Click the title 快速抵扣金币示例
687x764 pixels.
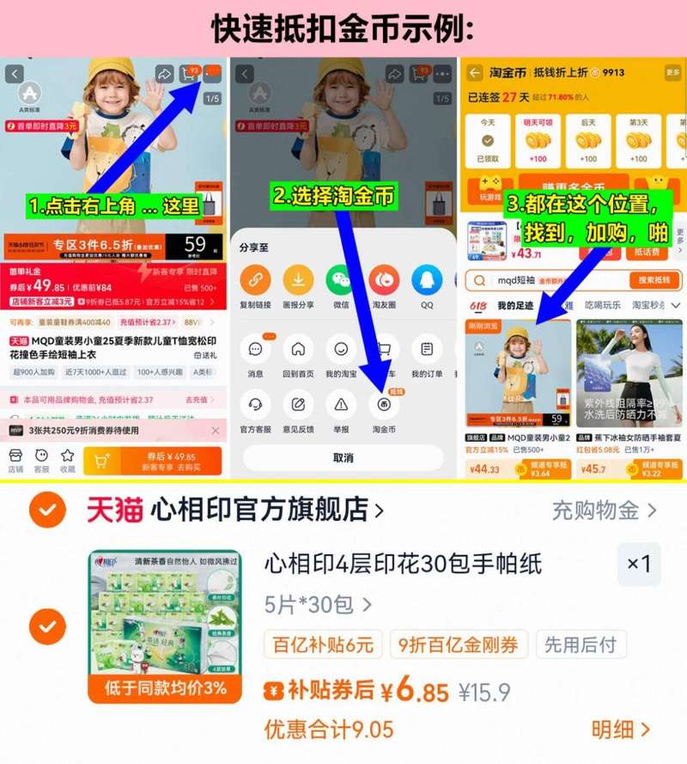tap(343, 28)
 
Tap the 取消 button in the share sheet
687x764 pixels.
tap(343, 458)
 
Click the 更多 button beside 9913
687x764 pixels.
tap(672, 73)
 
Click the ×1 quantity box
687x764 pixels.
tap(639, 564)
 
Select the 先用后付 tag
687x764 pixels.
tap(581, 645)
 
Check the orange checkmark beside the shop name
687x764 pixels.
tap(47, 510)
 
